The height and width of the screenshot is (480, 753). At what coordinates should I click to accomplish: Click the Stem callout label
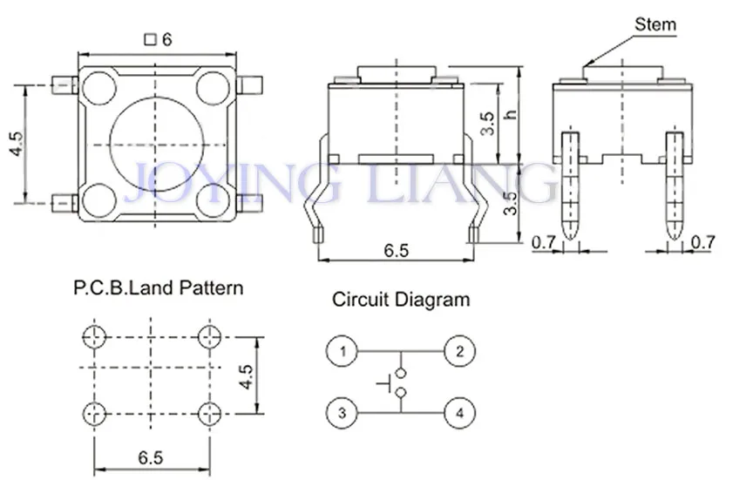point(655,24)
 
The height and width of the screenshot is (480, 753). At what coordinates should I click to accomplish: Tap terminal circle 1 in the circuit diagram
point(343,351)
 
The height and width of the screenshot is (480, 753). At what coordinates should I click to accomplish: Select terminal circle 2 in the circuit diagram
point(459,351)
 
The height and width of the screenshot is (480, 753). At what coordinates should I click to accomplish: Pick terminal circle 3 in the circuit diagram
point(343,412)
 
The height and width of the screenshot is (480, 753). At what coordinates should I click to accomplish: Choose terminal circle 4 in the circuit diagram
point(459,412)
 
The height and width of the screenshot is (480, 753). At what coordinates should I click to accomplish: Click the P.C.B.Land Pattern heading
point(159,288)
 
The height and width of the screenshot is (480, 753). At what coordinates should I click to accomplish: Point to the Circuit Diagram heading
point(401,300)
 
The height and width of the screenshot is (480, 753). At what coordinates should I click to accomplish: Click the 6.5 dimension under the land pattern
point(151,457)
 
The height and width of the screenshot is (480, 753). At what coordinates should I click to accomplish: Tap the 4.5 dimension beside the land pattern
point(246,377)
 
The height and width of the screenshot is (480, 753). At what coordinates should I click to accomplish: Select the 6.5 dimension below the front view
point(397,250)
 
